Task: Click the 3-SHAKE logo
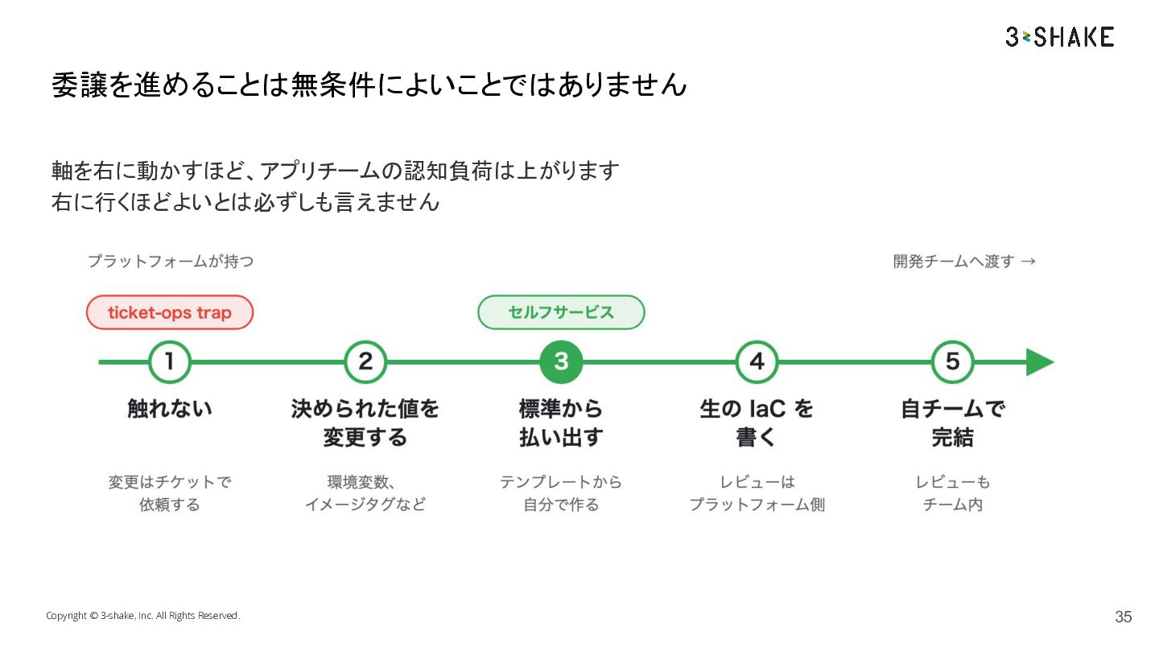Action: (1060, 37)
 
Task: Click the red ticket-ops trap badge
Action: (170, 312)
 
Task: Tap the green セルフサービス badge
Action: (561, 312)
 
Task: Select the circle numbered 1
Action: (170, 361)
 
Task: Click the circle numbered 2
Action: (365, 361)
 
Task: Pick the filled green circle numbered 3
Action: (561, 361)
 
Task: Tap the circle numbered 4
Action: (757, 361)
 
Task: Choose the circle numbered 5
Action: (952, 361)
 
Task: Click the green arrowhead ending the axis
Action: (1040, 361)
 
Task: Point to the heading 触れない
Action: (170, 408)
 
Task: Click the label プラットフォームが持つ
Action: (171, 261)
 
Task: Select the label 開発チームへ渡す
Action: (953, 261)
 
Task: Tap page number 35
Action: (1124, 617)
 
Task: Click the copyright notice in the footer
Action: (142, 615)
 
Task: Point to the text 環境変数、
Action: (361, 481)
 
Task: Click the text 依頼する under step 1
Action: (170, 504)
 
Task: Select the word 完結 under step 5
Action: (952, 437)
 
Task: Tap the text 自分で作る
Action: (561, 504)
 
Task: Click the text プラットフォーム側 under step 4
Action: (757, 504)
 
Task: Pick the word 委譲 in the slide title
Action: (79, 85)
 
